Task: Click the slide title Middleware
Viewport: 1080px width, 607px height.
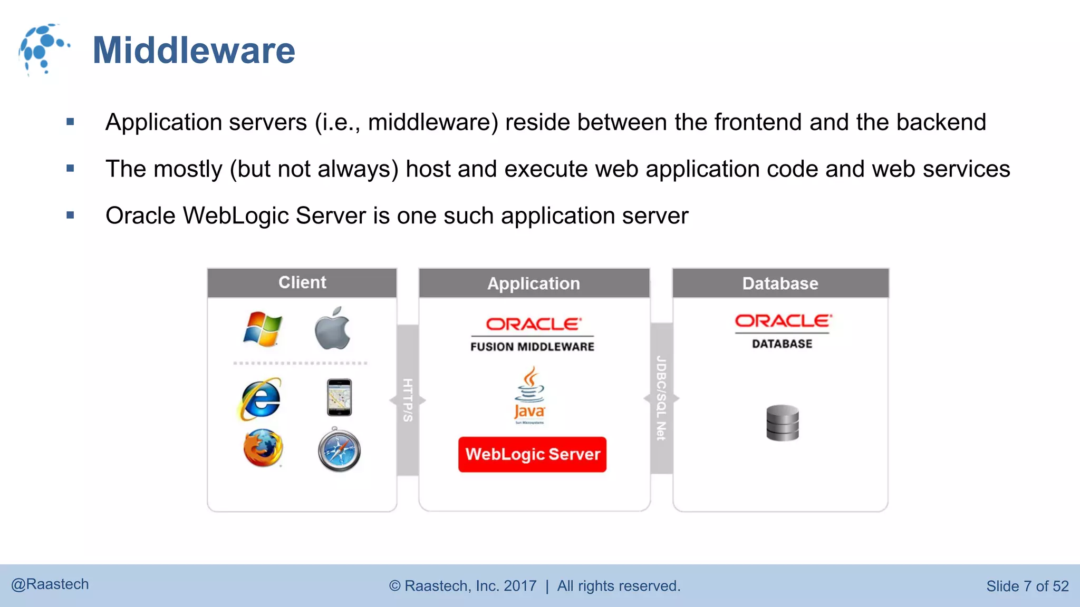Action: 194,51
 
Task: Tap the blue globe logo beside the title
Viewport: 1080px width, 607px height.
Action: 43,49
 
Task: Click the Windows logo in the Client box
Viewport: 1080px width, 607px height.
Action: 263,329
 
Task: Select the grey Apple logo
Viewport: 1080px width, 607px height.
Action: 333,329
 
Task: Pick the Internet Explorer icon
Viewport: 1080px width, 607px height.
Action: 260,399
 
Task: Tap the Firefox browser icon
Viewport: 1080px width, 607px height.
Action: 263,448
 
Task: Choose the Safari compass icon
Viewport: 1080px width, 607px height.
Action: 339,450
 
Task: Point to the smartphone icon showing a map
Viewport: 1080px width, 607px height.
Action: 339,397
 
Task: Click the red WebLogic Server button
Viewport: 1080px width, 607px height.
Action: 532,454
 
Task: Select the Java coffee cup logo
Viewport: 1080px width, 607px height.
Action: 529,395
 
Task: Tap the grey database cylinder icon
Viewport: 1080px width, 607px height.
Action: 783,423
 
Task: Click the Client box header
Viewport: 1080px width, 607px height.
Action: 302,283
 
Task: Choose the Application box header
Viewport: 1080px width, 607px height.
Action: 534,283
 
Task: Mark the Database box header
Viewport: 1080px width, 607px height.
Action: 780,283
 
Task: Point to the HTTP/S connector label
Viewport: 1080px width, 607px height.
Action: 408,400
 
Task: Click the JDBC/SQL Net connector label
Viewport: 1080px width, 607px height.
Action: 661,398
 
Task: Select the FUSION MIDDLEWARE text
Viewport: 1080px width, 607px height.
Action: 532,347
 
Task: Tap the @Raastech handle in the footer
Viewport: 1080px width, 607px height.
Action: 50,584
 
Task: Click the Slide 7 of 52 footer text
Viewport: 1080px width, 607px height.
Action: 1027,586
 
